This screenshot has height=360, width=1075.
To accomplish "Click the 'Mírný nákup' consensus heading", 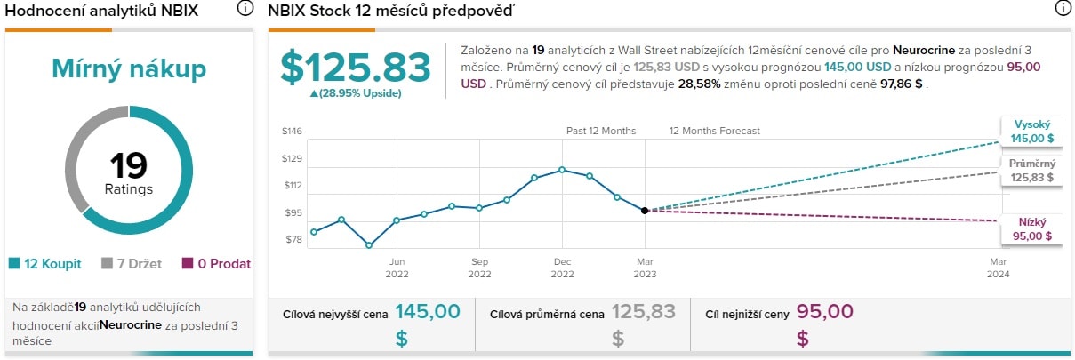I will tap(129, 68).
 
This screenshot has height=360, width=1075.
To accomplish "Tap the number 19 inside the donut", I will tap(129, 166).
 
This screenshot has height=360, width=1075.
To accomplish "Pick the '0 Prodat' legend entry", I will tap(216, 264).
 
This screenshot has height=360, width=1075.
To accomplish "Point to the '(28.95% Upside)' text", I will tap(356, 93).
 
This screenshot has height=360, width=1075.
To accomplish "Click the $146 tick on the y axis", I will tap(292, 132).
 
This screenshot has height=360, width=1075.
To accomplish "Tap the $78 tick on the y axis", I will tap(292, 240).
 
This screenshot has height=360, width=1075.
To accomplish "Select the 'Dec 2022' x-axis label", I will tap(562, 268).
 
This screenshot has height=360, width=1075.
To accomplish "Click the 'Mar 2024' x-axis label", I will tap(999, 268).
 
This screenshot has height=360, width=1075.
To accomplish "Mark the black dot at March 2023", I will tap(644, 211).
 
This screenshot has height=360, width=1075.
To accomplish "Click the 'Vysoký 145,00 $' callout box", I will tap(1031, 132).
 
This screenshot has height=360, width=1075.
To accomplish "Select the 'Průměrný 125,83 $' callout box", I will tap(1031, 171).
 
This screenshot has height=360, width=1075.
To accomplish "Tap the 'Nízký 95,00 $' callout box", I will tap(1031, 229).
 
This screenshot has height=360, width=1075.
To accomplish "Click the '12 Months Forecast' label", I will tap(715, 132).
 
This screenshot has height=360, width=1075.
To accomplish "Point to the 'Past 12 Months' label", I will tap(601, 132).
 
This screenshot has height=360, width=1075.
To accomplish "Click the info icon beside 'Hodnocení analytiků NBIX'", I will tap(245, 9).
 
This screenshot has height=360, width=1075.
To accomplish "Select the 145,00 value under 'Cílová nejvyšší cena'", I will tap(428, 312).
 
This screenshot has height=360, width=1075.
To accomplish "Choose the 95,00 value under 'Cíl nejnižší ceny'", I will tap(824, 312).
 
